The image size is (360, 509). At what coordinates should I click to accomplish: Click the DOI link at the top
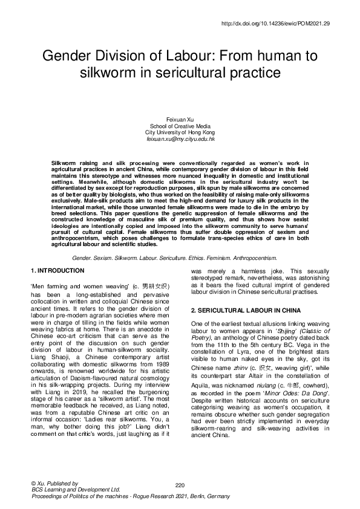click(276, 23)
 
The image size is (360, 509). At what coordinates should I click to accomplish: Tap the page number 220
click(180, 485)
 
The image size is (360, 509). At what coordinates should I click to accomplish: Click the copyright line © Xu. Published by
click(54, 484)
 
